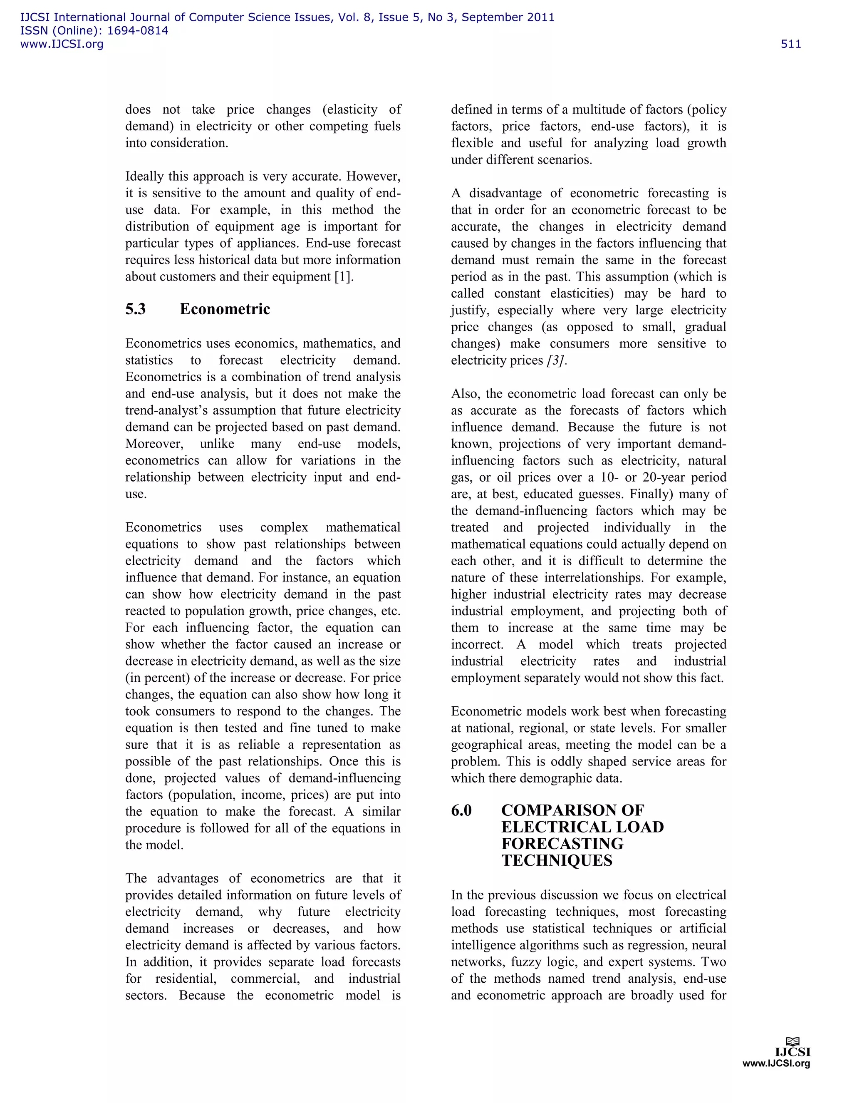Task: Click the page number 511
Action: point(790,44)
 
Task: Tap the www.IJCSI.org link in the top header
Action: point(62,44)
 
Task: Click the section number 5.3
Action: point(135,309)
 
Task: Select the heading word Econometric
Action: point(225,309)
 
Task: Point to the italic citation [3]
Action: point(556,360)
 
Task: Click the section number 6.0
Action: point(461,810)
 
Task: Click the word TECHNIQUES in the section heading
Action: point(557,861)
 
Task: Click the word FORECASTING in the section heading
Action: point(562,844)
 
